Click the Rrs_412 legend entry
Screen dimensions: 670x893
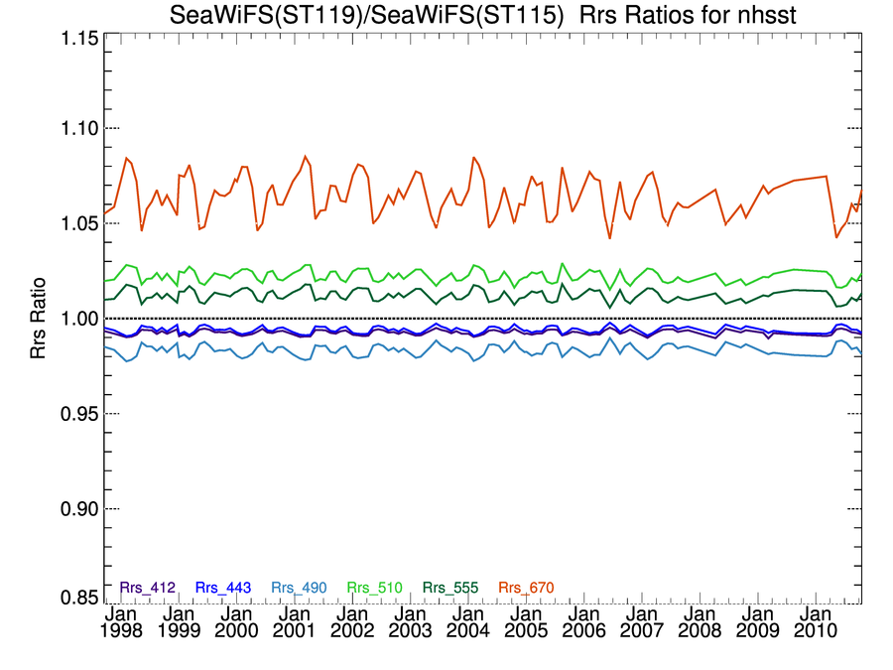[x=147, y=588]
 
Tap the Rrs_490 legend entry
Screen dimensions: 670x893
[x=300, y=588]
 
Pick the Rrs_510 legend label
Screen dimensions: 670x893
[x=375, y=588]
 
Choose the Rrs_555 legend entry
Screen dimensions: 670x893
[x=451, y=588]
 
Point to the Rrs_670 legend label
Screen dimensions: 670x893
[x=526, y=588]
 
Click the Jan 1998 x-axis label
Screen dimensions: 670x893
[x=121, y=622]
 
